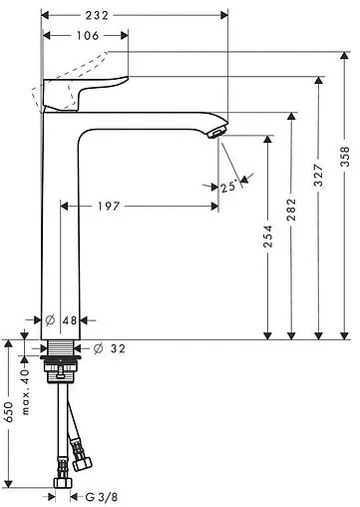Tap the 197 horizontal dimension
(x=137, y=206)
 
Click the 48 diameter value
(x=69, y=319)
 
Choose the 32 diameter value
(x=118, y=348)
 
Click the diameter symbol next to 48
(x=50, y=319)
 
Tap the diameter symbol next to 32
(x=99, y=348)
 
